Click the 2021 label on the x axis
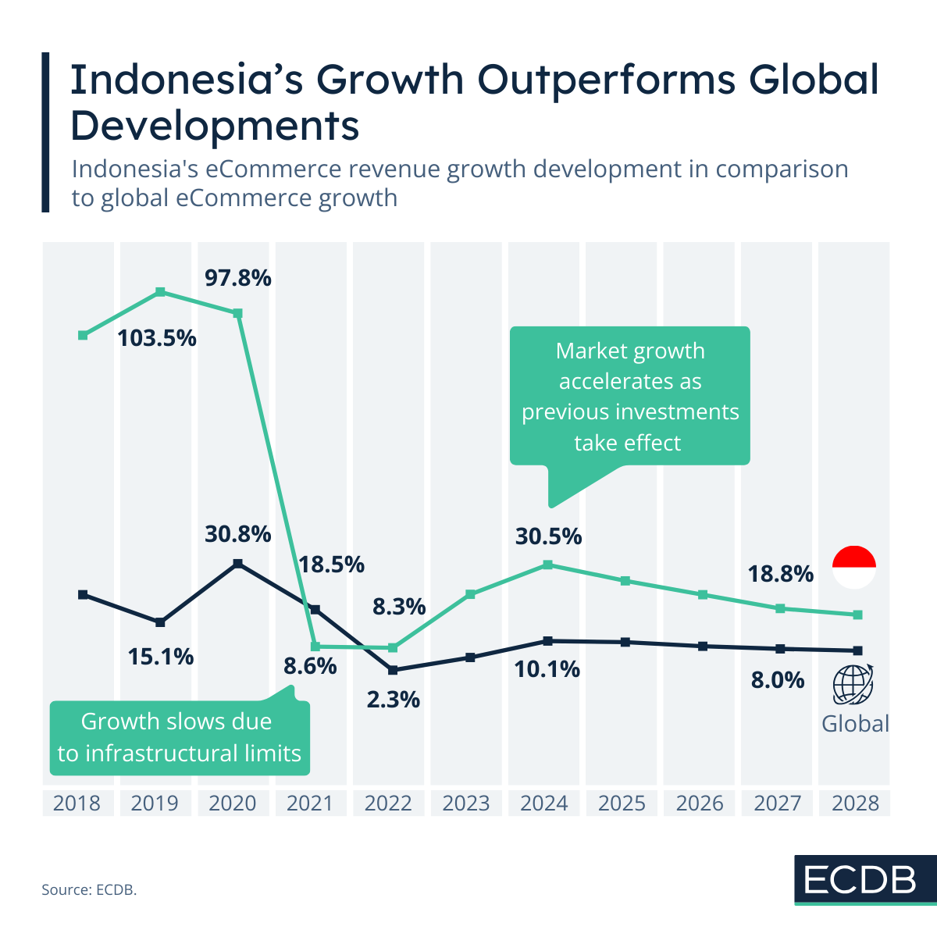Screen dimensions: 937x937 pos(310,803)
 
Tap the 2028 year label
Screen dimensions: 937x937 pos(855,803)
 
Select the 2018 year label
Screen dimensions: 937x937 pos(77,803)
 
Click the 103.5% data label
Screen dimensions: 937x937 pos(157,338)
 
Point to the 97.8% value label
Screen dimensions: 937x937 pos(237,277)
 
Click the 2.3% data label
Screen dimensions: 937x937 pos(394,699)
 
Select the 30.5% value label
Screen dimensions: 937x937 pos(548,536)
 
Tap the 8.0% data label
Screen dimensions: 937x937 pos(777,680)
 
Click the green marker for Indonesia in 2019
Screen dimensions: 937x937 pos(160,292)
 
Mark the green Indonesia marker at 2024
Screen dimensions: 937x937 pos(547,565)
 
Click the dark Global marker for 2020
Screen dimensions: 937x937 pos(237,563)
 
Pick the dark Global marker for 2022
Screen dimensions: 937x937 pos(393,670)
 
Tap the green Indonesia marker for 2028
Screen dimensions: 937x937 pos(857,615)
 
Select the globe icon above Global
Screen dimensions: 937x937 pos(853,685)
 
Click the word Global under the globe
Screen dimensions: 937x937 pos(855,724)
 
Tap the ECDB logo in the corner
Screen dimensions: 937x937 pos(860,880)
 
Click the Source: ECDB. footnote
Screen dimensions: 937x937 pos(89,889)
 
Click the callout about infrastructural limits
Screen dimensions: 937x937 pos(180,737)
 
